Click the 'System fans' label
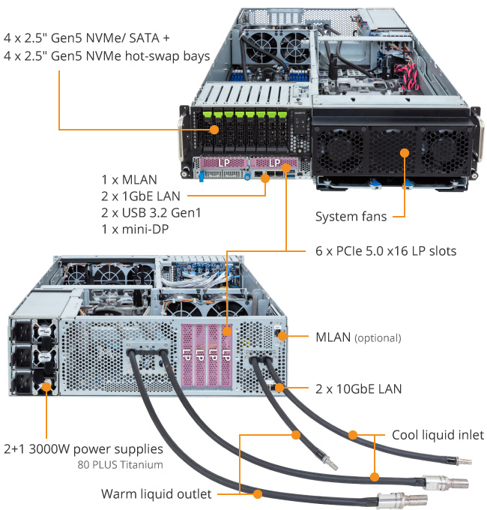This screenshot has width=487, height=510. [351, 217]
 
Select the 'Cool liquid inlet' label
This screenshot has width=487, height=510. [438, 435]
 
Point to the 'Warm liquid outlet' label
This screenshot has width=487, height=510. [156, 494]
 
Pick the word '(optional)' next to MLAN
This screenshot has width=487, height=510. [378, 338]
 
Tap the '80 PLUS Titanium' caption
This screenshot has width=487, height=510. [119, 464]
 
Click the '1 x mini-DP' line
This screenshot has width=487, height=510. [135, 229]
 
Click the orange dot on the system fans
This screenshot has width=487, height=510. [405, 152]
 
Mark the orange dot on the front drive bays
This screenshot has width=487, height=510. [214, 130]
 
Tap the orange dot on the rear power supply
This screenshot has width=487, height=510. [46, 388]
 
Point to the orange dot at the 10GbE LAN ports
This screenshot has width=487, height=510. [279, 388]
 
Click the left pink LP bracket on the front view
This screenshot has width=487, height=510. [223, 163]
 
